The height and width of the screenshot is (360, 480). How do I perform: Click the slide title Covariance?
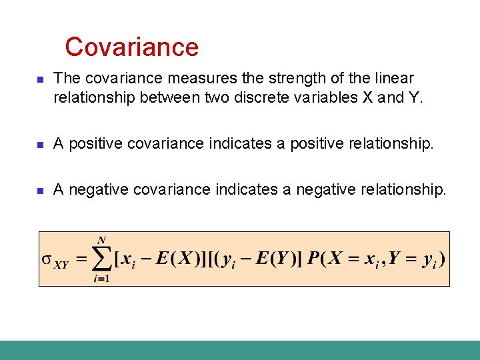132,47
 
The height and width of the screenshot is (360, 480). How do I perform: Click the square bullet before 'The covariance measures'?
39,79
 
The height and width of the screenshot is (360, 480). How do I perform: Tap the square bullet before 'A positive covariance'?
39,143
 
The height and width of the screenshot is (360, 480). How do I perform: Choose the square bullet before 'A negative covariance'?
39,191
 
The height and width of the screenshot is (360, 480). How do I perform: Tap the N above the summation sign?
101,240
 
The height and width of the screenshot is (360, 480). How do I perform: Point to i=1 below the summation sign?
101,279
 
